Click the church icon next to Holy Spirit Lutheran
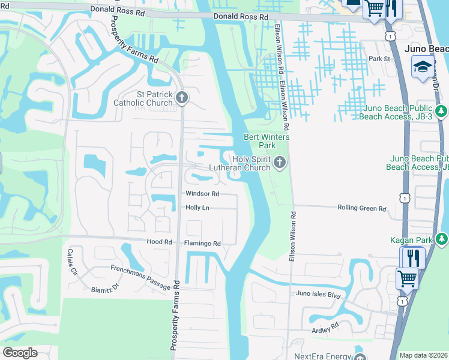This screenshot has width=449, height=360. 279,163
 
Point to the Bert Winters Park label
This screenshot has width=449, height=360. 267,141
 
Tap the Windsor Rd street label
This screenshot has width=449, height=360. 202,194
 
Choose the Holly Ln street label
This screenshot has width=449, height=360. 197,208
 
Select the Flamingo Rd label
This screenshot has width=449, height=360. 202,244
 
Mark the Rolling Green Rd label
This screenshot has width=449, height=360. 362,208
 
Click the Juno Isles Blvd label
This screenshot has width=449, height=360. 318,294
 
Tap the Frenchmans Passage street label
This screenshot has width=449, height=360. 140,278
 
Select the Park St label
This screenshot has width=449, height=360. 379,59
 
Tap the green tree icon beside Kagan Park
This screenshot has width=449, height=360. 442,239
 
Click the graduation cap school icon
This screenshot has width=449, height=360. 422,66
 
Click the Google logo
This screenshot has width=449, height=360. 20,352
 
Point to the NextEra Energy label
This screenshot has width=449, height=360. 322,356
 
